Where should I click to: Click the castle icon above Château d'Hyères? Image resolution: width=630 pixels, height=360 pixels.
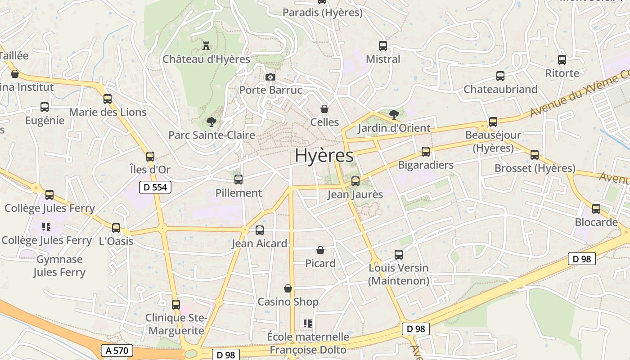207,45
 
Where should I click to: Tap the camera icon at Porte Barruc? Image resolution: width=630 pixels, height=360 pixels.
270,77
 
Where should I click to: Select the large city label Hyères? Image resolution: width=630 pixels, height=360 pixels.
324,156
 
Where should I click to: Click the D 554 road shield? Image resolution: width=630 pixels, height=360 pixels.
155,187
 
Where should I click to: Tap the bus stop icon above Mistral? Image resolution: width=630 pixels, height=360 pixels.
383,45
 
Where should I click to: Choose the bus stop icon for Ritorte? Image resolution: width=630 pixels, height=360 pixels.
562,59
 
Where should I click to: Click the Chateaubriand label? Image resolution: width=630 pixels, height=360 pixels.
500,89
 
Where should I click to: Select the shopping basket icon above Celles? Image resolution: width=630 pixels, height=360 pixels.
324,109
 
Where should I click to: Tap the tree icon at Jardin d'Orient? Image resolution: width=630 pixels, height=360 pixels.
394,114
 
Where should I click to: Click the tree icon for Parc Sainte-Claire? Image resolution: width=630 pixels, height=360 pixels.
211,121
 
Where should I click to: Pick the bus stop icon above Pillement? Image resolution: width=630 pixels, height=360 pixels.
238,179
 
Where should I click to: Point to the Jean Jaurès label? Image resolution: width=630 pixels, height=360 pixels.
355,194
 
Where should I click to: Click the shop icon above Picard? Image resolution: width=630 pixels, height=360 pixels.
320,250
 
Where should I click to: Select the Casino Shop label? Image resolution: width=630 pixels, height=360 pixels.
288,301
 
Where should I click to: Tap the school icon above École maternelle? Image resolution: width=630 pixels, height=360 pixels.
308,323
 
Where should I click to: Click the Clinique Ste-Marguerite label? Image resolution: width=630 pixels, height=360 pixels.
176,324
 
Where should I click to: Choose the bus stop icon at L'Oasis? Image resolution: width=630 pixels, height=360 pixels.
116,228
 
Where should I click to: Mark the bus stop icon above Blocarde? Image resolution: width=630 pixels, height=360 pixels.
596,208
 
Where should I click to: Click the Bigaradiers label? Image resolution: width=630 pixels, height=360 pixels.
426,165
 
